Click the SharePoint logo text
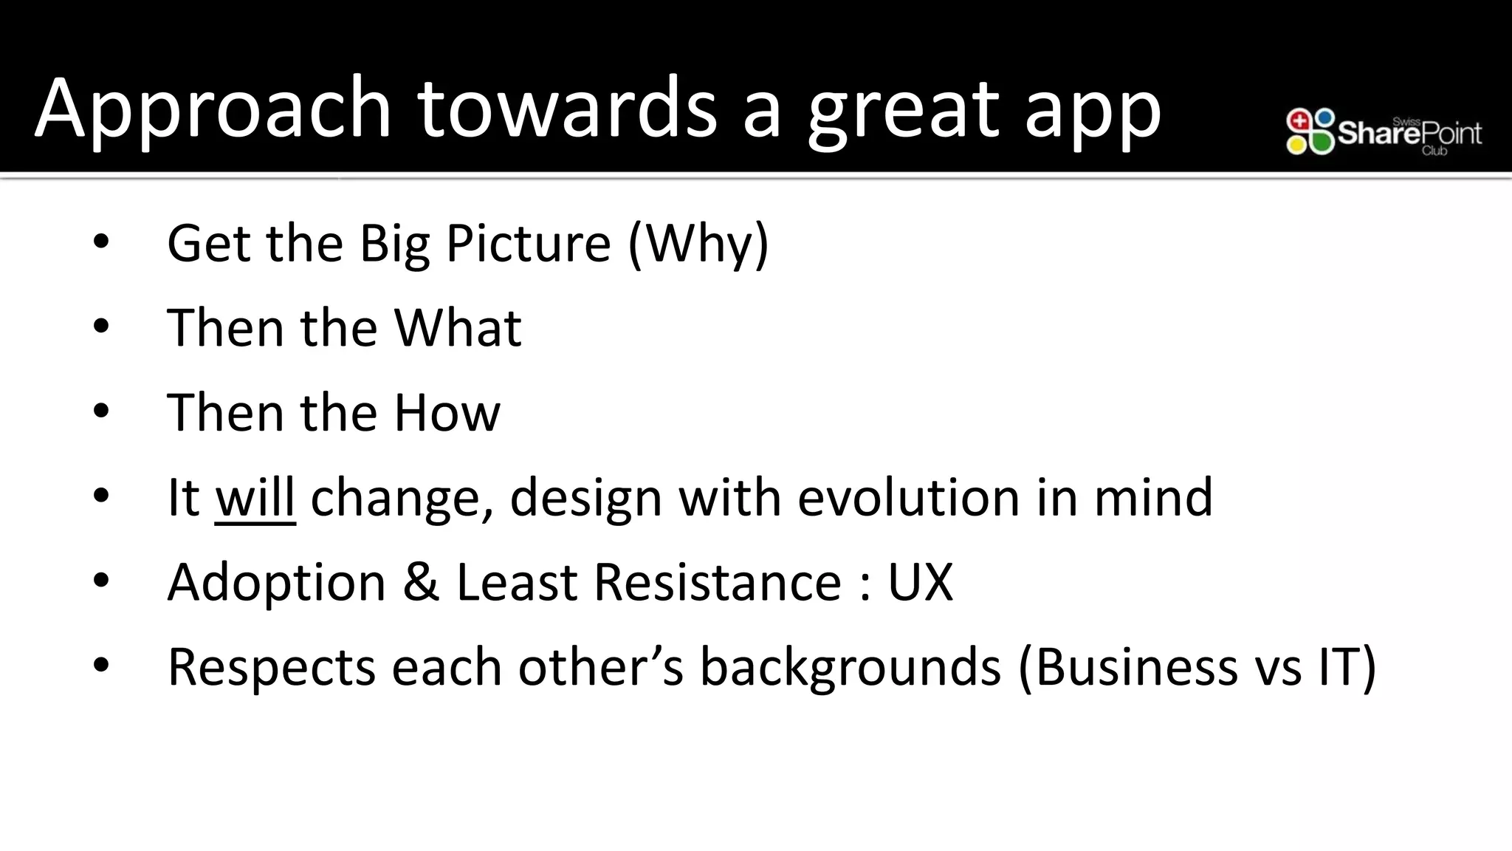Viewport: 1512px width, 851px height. [x=1409, y=134]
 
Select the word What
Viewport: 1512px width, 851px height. [x=458, y=328]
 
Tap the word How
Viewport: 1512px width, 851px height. [x=447, y=413]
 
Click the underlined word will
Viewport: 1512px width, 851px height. [x=255, y=498]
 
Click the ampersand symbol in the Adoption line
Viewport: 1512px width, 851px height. [x=421, y=583]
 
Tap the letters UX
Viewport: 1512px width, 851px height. [x=920, y=583]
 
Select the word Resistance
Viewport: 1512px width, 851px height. [x=717, y=583]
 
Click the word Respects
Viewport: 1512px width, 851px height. [x=271, y=668]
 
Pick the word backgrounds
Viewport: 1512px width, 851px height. [x=850, y=668]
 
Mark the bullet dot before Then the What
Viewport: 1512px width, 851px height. [x=101, y=327]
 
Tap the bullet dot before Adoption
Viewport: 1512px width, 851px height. [x=101, y=581]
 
